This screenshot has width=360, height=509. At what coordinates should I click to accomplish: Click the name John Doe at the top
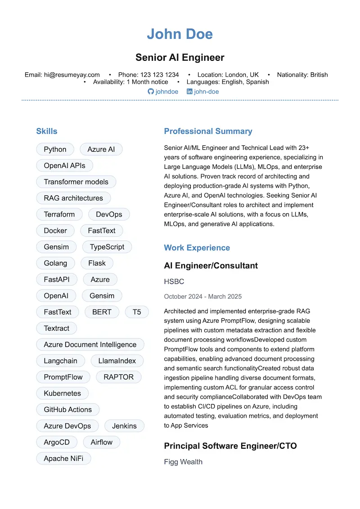[x=180, y=34]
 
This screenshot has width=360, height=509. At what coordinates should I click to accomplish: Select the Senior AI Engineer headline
[x=180, y=58]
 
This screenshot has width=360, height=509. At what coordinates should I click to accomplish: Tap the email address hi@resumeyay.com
[x=72, y=75]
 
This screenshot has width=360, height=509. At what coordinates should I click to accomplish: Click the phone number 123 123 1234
[x=159, y=75]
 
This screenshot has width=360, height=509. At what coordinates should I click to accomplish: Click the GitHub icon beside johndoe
[x=151, y=91]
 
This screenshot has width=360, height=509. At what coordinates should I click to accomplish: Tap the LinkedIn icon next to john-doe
[x=189, y=91]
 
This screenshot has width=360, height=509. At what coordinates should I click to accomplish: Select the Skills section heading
[x=47, y=131]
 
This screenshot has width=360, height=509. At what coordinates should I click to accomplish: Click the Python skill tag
[x=55, y=149]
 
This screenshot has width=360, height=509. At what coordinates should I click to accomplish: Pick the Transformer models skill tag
[x=76, y=182]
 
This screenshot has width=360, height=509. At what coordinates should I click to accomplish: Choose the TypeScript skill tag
[x=107, y=247]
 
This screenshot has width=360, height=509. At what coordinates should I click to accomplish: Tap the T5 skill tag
[x=136, y=312]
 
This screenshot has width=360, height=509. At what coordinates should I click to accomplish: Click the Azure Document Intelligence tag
[x=90, y=344]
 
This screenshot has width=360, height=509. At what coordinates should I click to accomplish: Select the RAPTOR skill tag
[x=118, y=377]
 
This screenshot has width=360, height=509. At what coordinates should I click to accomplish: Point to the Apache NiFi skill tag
[x=63, y=458]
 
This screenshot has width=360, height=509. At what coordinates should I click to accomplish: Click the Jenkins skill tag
[x=124, y=426]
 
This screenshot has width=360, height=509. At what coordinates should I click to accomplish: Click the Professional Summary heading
[x=208, y=131]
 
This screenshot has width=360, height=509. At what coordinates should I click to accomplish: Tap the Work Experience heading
[x=197, y=248]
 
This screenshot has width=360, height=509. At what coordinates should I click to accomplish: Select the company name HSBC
[x=174, y=282]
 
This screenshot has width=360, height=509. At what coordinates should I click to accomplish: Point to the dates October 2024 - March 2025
[x=202, y=297]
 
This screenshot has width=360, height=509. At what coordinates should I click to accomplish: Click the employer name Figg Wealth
[x=183, y=462]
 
